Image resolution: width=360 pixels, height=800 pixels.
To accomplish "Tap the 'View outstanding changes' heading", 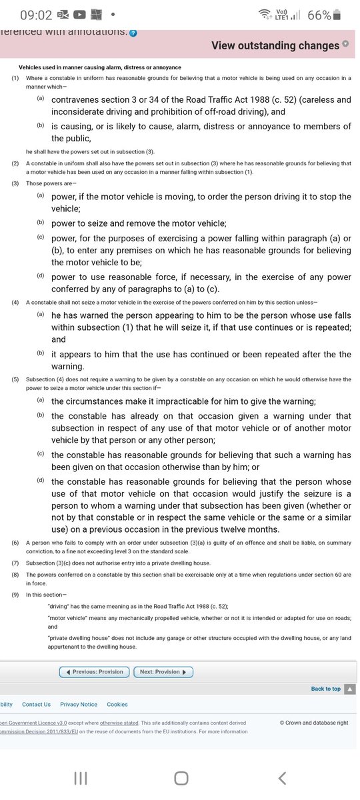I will pos(275,45).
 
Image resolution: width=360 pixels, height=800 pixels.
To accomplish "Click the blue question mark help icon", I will pos(133,33).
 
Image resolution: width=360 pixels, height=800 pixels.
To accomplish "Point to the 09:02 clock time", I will pos(35,15).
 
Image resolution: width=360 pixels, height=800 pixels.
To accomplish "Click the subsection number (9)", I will pos(15,594).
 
